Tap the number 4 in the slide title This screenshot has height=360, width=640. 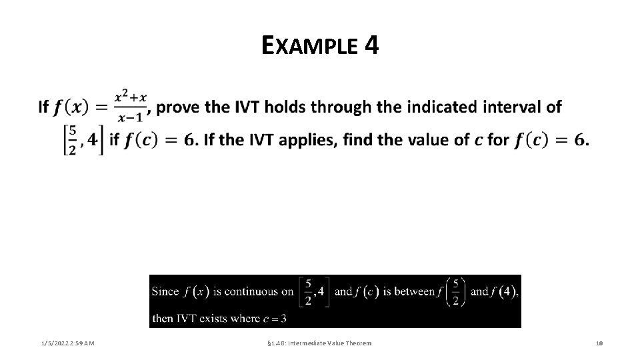click(x=372, y=45)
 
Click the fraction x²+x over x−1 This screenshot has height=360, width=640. click(x=130, y=107)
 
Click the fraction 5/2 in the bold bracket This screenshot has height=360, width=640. click(x=72, y=140)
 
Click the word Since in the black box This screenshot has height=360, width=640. click(x=165, y=291)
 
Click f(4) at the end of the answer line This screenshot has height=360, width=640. click(x=505, y=291)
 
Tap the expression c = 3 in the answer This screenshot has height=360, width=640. click(x=275, y=319)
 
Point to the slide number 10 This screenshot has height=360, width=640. click(x=599, y=343)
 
